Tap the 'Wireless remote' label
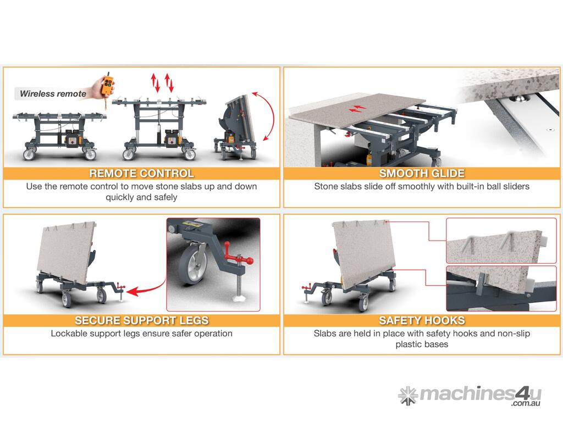click(53, 93)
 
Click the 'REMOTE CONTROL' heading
click(141, 173)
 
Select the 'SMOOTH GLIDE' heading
click(422, 173)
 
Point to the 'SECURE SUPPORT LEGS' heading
click(141, 320)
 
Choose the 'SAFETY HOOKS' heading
click(422, 320)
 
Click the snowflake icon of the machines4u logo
click(408, 396)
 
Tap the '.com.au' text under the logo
click(526, 403)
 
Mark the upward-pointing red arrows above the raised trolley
click(161, 82)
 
